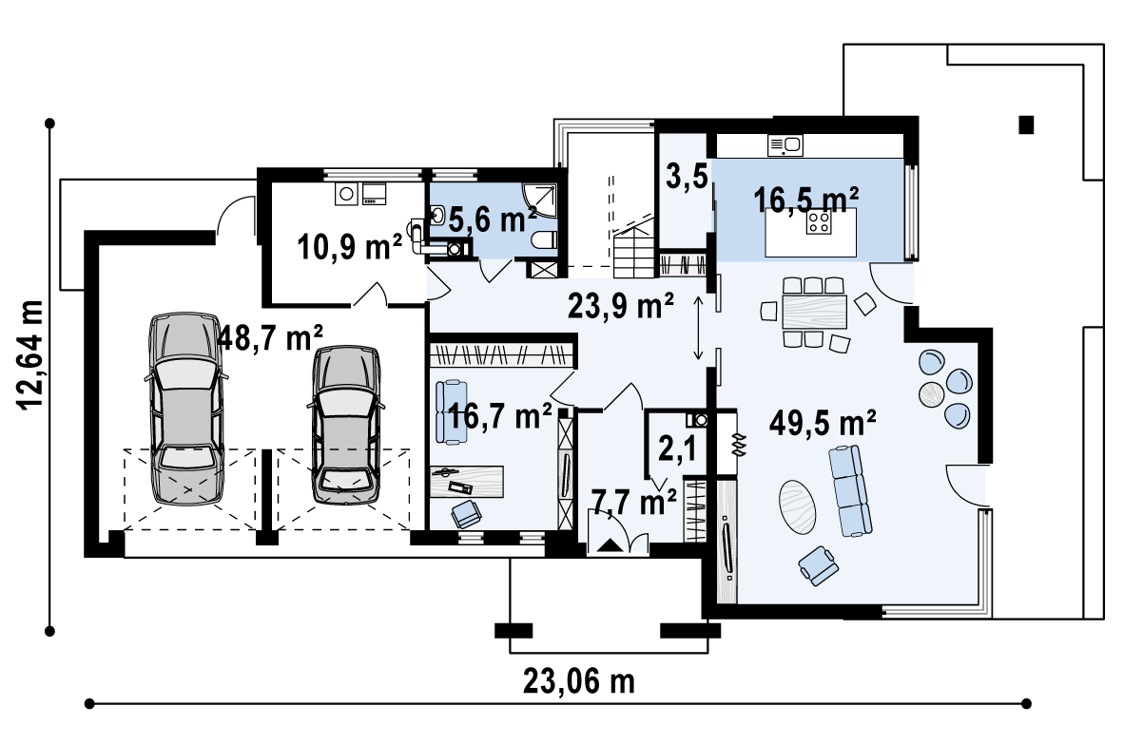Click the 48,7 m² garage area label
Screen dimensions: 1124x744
click(x=269, y=337)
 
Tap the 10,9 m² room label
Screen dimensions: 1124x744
click(x=349, y=248)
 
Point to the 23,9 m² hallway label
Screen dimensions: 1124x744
click(x=621, y=305)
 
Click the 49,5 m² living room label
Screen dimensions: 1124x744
click(x=823, y=423)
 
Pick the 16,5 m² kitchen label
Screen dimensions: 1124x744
click(x=805, y=200)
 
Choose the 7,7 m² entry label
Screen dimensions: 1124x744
click(x=633, y=503)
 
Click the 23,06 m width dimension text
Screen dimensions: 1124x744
click(x=578, y=680)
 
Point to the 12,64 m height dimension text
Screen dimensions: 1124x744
click(x=32, y=354)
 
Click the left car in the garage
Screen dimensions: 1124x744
click(x=185, y=409)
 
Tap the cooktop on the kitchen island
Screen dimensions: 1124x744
click(x=819, y=222)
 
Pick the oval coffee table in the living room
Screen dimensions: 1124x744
click(x=797, y=506)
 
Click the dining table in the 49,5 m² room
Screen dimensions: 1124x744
click(x=814, y=312)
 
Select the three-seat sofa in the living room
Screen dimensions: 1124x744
click(x=851, y=490)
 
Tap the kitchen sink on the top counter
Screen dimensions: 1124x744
click(x=785, y=145)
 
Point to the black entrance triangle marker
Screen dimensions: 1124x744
click(x=609, y=545)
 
